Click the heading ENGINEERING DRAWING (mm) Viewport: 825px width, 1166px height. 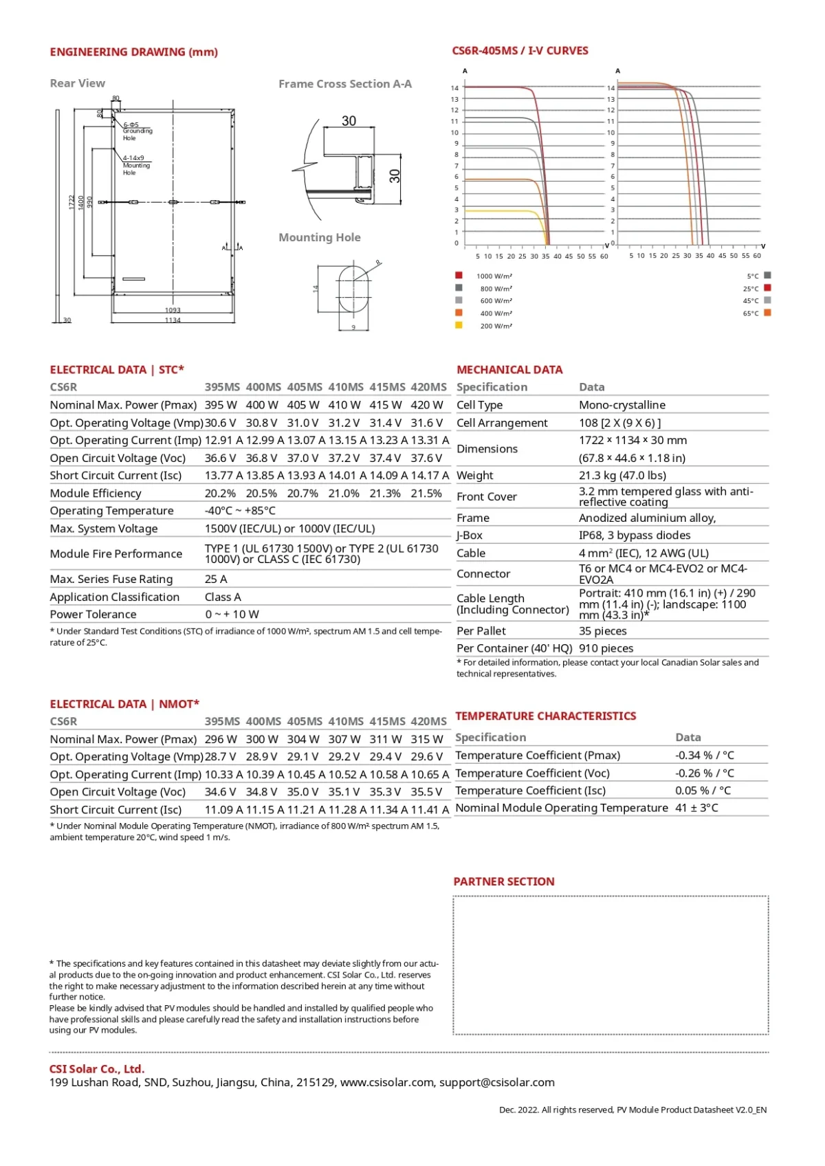(x=133, y=52)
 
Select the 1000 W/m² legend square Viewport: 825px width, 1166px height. (x=459, y=275)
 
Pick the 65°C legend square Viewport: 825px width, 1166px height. (x=767, y=313)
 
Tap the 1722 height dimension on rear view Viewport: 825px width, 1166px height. (x=71, y=202)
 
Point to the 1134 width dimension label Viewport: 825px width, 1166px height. (x=173, y=320)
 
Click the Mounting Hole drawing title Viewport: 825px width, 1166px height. (x=319, y=237)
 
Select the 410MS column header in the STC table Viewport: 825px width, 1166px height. (x=346, y=387)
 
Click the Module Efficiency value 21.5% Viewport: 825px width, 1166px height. (x=426, y=494)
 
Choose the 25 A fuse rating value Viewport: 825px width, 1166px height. (x=216, y=579)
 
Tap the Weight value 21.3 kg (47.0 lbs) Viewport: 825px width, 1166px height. (x=622, y=475)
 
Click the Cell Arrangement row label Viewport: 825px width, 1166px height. (x=502, y=423)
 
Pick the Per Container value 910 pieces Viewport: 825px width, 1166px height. (x=606, y=648)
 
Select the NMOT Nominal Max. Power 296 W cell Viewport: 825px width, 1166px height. (x=221, y=739)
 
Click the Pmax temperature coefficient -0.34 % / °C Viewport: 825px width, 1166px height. (x=704, y=755)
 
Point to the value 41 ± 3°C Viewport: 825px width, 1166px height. (x=696, y=808)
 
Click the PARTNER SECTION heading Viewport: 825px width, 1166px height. (x=503, y=881)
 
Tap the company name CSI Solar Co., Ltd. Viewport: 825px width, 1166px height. (x=97, y=1069)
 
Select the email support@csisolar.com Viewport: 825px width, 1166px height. (x=496, y=1082)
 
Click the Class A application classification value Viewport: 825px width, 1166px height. (x=223, y=597)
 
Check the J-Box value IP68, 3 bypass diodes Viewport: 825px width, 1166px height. (x=634, y=535)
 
